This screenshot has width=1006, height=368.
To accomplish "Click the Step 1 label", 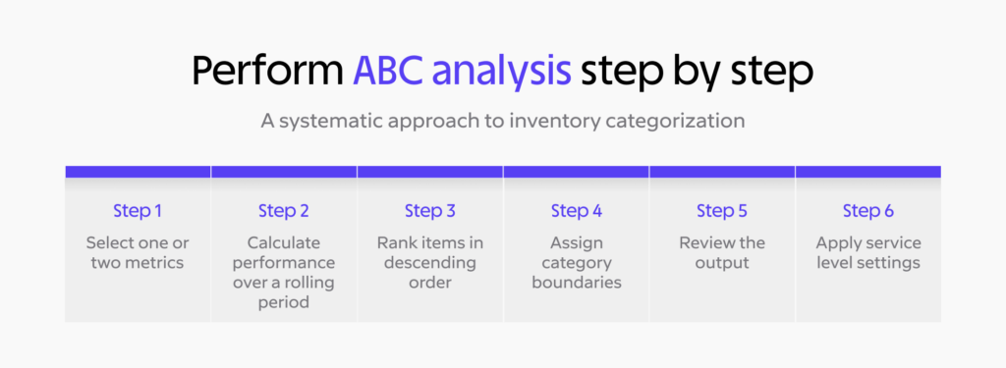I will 138,211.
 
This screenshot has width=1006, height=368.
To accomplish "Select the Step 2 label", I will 284,211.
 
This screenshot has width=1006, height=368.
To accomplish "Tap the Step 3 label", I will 429,211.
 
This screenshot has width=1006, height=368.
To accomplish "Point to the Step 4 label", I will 576,211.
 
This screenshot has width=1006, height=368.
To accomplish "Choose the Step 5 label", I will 722,211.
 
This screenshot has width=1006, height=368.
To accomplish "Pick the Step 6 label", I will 867,211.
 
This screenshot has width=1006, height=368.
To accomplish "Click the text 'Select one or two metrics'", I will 138,252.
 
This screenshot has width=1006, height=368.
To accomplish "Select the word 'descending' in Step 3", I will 429,263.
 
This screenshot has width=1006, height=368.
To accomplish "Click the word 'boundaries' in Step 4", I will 576,284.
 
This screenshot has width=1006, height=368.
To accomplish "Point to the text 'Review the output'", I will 722,252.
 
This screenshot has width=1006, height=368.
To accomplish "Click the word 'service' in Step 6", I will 892,242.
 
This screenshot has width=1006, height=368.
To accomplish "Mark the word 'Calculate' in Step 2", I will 284,242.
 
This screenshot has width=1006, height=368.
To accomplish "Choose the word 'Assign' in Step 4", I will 576,242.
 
